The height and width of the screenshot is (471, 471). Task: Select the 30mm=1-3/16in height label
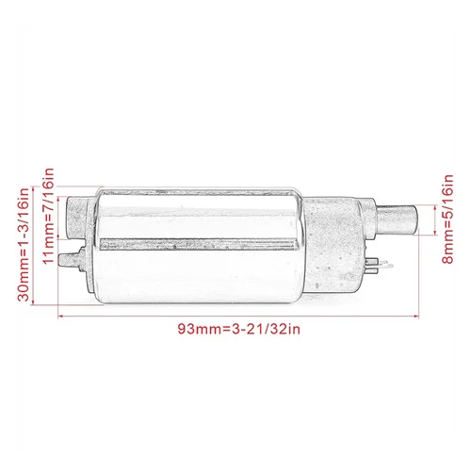click(x=25, y=243)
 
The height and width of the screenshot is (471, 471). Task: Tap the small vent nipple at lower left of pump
click(x=66, y=255)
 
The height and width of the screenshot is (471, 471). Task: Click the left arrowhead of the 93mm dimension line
click(x=61, y=315)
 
